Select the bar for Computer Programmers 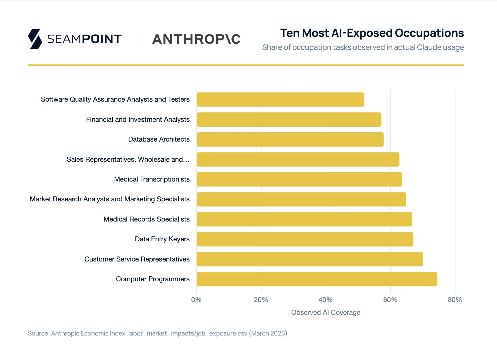coord(317,279)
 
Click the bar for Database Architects coord(290,139)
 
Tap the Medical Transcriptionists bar coord(299,179)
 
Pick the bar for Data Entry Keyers coord(305,239)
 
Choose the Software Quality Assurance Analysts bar coord(280,99)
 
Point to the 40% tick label coord(325,300)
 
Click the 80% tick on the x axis coord(455,300)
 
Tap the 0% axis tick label coord(196,300)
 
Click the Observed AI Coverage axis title coord(326,313)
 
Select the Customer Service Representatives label coord(137,259)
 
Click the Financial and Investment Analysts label coord(138,120)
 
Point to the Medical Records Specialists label coord(147,219)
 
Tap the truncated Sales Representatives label coord(128,160)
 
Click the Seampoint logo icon coord(35,39)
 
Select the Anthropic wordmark coord(196,39)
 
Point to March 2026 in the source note coord(268,333)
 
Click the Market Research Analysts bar coord(301,199)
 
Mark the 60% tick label coord(390,300)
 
